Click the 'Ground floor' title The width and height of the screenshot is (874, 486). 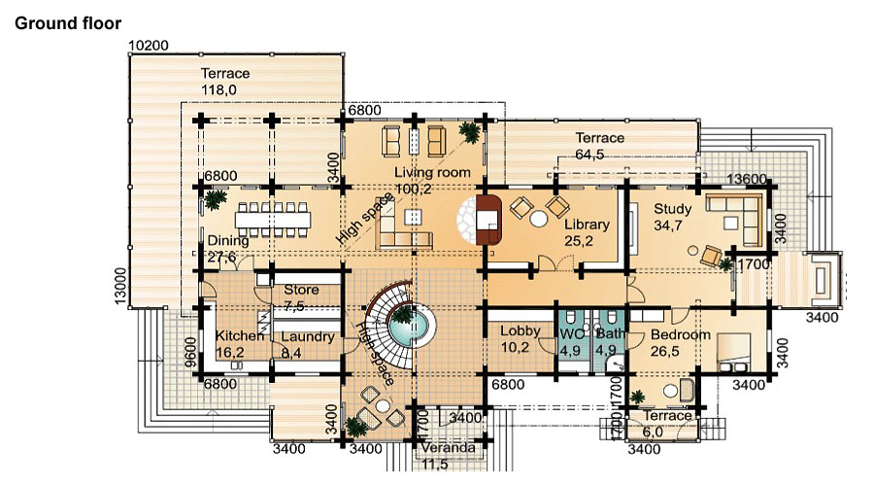pyautogui.click(x=67, y=23)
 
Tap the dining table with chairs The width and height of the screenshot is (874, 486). pyautogui.click(x=273, y=218)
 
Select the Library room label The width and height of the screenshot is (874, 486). pyautogui.click(x=587, y=225)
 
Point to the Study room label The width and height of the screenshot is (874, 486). pyautogui.click(x=672, y=209)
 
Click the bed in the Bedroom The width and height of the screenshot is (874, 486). pyautogui.click(x=734, y=353)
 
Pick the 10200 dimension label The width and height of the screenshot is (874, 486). pyautogui.click(x=149, y=45)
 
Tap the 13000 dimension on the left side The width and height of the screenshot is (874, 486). pyautogui.click(x=120, y=286)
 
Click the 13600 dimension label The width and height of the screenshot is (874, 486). pyautogui.click(x=747, y=179)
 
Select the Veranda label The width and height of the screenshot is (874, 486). pyautogui.click(x=448, y=447)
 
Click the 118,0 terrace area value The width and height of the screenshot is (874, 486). pyautogui.click(x=218, y=89)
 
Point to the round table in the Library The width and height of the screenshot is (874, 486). pyautogui.click(x=538, y=218)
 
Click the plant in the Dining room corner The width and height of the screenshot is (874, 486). pyautogui.click(x=215, y=198)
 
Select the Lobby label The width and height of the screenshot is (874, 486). pyautogui.click(x=521, y=330)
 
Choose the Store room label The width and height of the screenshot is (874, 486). pyautogui.click(x=301, y=290)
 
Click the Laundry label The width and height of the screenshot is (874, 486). pyautogui.click(x=308, y=337)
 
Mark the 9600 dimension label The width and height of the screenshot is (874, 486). pyautogui.click(x=190, y=353)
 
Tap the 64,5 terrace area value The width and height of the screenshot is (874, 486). pyautogui.click(x=589, y=155)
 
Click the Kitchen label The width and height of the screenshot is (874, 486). pyautogui.click(x=240, y=336)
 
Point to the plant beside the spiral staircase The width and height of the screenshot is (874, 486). pyautogui.click(x=401, y=316)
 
